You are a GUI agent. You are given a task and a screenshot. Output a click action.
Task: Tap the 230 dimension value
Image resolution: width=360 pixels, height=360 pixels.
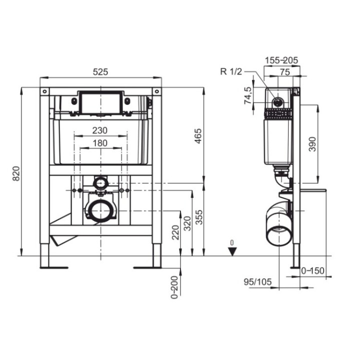[x=100, y=129]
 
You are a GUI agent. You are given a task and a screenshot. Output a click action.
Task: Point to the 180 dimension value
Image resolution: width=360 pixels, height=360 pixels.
[x=100, y=143]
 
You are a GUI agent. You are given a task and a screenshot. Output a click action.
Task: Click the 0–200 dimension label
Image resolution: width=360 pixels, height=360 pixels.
[x=174, y=286]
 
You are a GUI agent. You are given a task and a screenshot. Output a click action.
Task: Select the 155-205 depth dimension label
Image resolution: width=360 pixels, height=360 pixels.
[x=282, y=60]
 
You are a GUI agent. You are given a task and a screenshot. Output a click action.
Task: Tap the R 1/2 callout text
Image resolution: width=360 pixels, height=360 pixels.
[x=231, y=71]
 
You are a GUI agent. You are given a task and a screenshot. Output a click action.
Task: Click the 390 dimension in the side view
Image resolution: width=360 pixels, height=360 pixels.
[x=312, y=144]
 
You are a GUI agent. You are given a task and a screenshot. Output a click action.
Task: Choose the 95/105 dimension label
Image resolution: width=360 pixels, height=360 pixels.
[x=258, y=282]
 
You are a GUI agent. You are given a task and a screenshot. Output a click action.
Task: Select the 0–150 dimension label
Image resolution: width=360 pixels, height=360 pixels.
[x=313, y=271]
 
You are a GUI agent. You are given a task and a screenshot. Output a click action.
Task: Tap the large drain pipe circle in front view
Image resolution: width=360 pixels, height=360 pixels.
[x=100, y=210]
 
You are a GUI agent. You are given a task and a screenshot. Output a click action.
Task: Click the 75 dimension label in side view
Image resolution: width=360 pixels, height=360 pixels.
[x=284, y=71]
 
